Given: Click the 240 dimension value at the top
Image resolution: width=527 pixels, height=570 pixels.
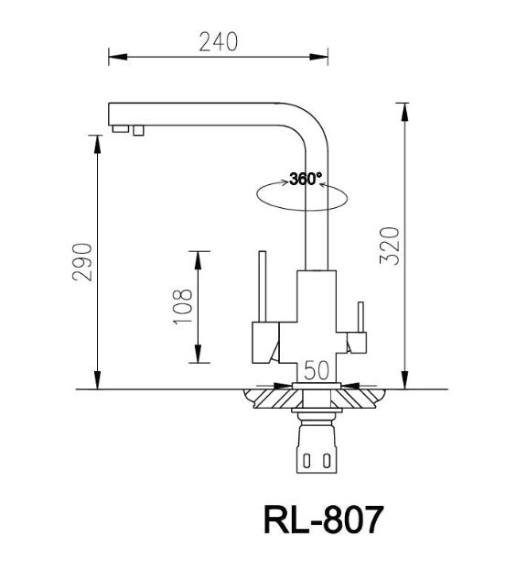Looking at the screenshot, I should click(x=218, y=41).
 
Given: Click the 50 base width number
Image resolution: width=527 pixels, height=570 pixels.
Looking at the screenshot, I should click(x=316, y=370).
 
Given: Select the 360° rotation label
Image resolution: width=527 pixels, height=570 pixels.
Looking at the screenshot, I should click(x=305, y=179).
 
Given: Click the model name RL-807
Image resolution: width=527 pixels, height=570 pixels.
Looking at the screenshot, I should click(x=322, y=521).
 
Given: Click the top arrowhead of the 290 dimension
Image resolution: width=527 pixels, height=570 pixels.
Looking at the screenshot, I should click(x=96, y=139).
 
